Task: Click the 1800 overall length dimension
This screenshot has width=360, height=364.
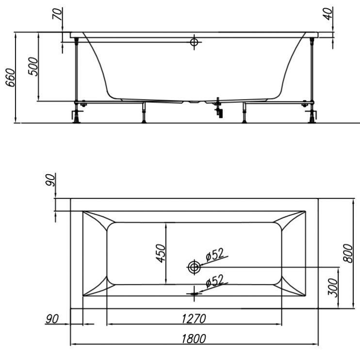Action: tap(194, 338)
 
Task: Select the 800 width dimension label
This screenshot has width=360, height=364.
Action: tap(347, 253)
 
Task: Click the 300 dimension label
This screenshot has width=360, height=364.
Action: tap(332, 288)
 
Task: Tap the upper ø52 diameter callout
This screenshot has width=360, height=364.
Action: tap(214, 254)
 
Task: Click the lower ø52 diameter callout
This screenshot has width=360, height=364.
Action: tap(214, 281)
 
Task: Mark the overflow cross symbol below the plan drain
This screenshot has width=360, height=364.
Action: tap(195, 292)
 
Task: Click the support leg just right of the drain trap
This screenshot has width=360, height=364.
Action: tap(244, 114)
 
